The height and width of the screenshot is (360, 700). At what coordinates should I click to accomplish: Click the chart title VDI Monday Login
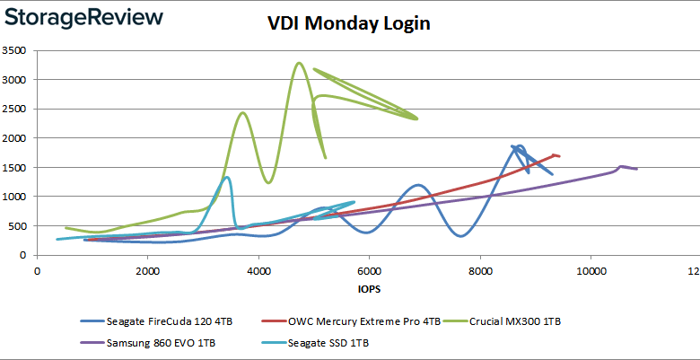tap(348, 23)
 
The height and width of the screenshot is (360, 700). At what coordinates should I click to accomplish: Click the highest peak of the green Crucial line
tap(299, 63)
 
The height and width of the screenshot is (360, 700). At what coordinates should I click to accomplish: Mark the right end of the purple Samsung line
tap(636, 169)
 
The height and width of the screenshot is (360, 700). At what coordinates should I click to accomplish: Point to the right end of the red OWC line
tap(559, 156)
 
